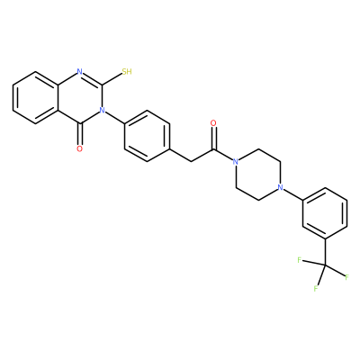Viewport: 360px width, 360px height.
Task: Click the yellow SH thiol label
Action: coord(127,72)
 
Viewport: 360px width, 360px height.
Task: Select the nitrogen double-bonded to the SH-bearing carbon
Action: coord(79,72)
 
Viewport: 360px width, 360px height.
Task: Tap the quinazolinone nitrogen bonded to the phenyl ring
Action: coord(102,111)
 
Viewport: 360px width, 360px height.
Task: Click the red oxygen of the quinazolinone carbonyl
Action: coord(79,148)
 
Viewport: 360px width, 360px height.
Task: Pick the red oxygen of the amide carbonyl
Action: coord(213,123)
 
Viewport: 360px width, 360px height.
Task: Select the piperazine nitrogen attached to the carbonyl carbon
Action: coord(236,162)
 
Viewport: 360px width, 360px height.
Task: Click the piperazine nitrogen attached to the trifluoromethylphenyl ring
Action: coord(281,188)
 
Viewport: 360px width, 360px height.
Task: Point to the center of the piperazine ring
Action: coord(258,175)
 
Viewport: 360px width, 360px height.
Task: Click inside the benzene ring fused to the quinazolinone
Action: coord(35,97)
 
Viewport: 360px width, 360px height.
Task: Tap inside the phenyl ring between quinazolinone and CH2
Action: coord(147,136)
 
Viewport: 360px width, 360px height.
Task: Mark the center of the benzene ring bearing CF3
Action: coord(325,213)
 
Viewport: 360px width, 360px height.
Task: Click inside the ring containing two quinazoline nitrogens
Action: coord(80,97)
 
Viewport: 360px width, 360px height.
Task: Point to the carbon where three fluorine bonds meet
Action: coord(325,265)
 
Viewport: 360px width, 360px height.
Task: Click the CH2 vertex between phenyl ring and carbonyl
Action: coord(192,162)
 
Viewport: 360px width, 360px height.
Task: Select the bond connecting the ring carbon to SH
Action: coord(112,79)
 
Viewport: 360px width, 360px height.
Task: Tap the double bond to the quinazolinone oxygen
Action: coord(79,134)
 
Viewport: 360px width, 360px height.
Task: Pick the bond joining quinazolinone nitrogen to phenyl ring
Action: coord(114,117)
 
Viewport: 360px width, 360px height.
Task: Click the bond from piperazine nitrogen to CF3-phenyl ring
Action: coord(293,194)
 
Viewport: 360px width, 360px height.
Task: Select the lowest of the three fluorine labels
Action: coord(316,289)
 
